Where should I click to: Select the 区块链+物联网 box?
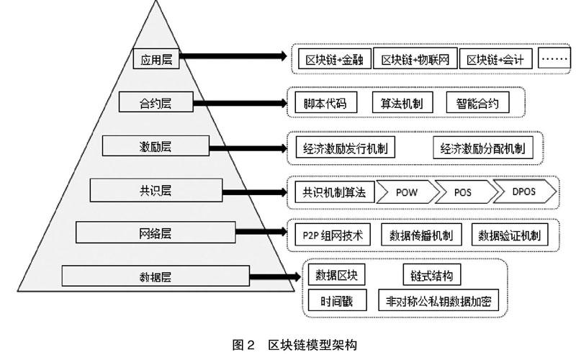[x=415, y=59]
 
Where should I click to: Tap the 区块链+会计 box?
[x=495, y=59]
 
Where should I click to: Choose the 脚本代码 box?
[x=325, y=103]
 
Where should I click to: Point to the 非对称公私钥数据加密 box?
[x=438, y=300]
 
